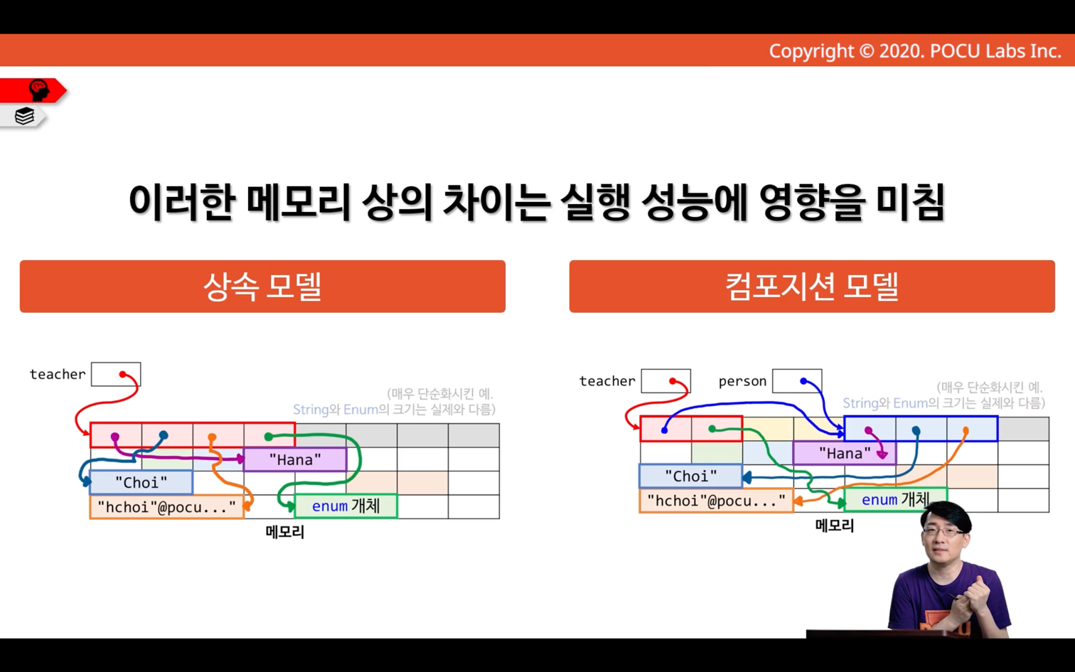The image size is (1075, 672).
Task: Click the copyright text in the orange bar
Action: pyautogui.click(x=915, y=51)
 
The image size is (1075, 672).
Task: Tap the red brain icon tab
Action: pyautogui.click(x=33, y=90)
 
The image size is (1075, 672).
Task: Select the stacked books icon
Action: pyautogui.click(x=24, y=116)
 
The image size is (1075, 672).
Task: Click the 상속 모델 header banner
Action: pyautogui.click(x=262, y=287)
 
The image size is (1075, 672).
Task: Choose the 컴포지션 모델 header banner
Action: pyautogui.click(x=812, y=287)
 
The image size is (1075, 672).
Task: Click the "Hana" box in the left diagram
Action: pyautogui.click(x=295, y=459)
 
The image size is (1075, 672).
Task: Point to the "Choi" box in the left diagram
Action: pyautogui.click(x=141, y=482)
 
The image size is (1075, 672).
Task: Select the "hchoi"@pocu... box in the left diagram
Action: pyautogui.click(x=166, y=506)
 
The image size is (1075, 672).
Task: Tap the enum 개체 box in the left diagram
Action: pyautogui.click(x=346, y=506)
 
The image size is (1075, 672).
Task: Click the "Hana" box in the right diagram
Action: pyautogui.click(x=845, y=453)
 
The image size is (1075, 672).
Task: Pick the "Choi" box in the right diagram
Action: pyautogui.click(x=690, y=476)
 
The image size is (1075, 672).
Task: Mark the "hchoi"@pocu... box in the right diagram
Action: pyautogui.click(x=716, y=501)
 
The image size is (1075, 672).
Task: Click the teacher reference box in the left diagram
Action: pyautogui.click(x=116, y=374)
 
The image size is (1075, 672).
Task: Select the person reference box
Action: pyautogui.click(x=797, y=381)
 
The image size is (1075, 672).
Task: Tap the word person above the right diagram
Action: pyautogui.click(x=742, y=382)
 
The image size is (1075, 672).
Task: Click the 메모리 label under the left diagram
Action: pyautogui.click(x=285, y=532)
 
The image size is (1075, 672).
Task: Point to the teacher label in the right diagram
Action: pyautogui.click(x=607, y=381)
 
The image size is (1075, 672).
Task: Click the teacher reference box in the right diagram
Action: pyautogui.click(x=666, y=381)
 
